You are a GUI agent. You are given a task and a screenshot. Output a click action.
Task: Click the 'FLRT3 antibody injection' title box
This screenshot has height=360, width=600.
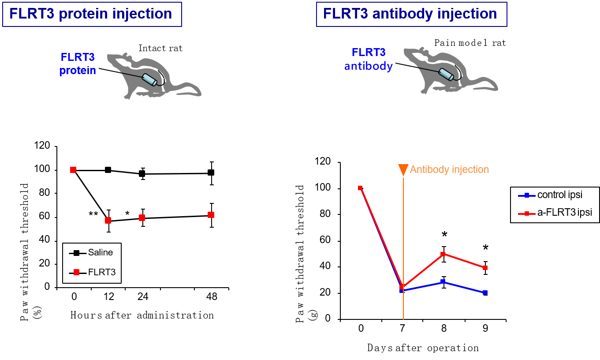pyautogui.click(x=410, y=14)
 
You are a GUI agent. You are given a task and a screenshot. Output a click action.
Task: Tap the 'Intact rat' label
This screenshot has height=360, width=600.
pyautogui.click(x=160, y=48)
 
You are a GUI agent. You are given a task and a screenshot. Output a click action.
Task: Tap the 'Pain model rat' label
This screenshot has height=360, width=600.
pyautogui.click(x=470, y=43)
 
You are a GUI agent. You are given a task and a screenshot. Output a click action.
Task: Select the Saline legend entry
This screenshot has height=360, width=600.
pyautogui.click(x=92, y=253)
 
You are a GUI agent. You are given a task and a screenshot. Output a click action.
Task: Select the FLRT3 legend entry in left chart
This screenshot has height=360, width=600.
pyautogui.click(x=92, y=272)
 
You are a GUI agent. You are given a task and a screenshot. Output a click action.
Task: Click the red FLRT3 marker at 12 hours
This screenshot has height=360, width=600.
pyautogui.click(x=108, y=221)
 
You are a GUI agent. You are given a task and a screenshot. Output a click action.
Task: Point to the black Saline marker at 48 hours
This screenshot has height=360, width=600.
pyautogui.click(x=211, y=172)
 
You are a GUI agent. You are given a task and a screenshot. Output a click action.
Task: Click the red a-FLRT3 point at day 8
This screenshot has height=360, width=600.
pyautogui.click(x=443, y=254)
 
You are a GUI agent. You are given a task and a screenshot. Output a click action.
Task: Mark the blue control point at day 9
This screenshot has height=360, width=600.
pyautogui.click(x=485, y=293)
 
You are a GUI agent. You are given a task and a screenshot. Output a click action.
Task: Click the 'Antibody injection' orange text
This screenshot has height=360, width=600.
pyautogui.click(x=449, y=170)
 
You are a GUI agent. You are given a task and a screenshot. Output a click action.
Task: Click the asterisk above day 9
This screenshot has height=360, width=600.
pyautogui.click(x=485, y=248)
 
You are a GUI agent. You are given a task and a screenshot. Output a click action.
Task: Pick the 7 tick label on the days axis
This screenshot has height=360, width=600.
pyautogui.click(x=402, y=329)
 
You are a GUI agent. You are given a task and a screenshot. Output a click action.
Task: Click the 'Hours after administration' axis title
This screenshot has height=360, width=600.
pyautogui.click(x=142, y=315)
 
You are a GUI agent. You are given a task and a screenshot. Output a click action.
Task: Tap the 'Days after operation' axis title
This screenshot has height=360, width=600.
pyautogui.click(x=423, y=348)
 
